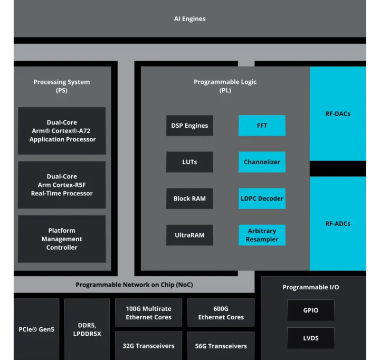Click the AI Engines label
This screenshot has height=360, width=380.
tap(189, 19)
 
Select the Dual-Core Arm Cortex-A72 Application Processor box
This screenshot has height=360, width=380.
tap(62, 131)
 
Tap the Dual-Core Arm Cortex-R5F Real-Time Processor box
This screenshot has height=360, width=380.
tap(62, 185)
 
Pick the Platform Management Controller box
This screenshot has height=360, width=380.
tap(62, 239)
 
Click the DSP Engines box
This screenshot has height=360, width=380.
tap(189, 126)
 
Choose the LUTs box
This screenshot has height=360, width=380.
tap(189, 162)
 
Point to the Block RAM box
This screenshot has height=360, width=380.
tap(189, 198)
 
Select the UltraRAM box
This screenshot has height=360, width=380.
tap(189, 235)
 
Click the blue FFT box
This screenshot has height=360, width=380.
tap(262, 126)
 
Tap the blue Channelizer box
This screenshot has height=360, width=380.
tap(262, 162)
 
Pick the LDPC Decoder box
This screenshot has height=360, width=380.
tap(262, 198)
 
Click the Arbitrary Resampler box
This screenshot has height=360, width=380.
tap(262, 235)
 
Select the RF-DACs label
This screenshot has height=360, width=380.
tap(337, 113)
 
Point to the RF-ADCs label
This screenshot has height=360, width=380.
tap(337, 223)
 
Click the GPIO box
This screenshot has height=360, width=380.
tap(311, 310)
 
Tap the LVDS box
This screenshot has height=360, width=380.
tap(311, 338)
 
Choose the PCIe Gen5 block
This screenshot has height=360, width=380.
tap(36, 329)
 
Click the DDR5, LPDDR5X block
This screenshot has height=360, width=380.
tap(87, 329)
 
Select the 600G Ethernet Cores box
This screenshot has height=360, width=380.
tap(221, 313)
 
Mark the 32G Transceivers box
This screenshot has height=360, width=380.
tap(148, 346)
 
